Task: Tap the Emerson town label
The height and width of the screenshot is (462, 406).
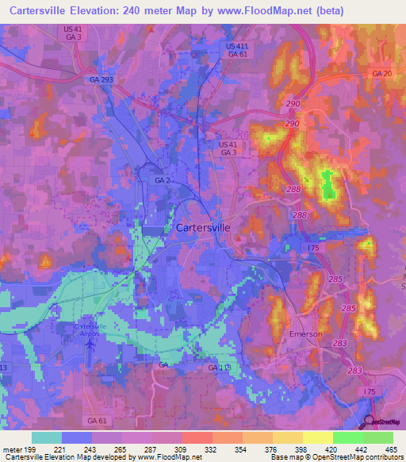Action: [x=305, y=334]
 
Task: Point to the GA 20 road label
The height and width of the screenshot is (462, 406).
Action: [x=381, y=73]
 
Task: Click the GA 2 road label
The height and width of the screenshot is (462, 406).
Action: [x=163, y=181]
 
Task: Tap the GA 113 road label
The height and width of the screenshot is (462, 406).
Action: [x=219, y=369]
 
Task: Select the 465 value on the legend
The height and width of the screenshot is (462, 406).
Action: [x=392, y=449]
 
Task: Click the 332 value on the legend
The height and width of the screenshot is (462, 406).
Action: [x=212, y=449]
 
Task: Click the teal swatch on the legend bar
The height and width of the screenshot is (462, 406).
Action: [x=47, y=437]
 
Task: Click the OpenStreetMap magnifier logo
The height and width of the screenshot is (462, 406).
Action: [x=369, y=423]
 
